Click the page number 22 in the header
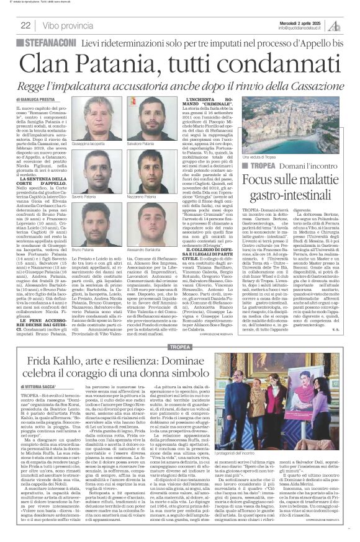(x=26, y=25)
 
